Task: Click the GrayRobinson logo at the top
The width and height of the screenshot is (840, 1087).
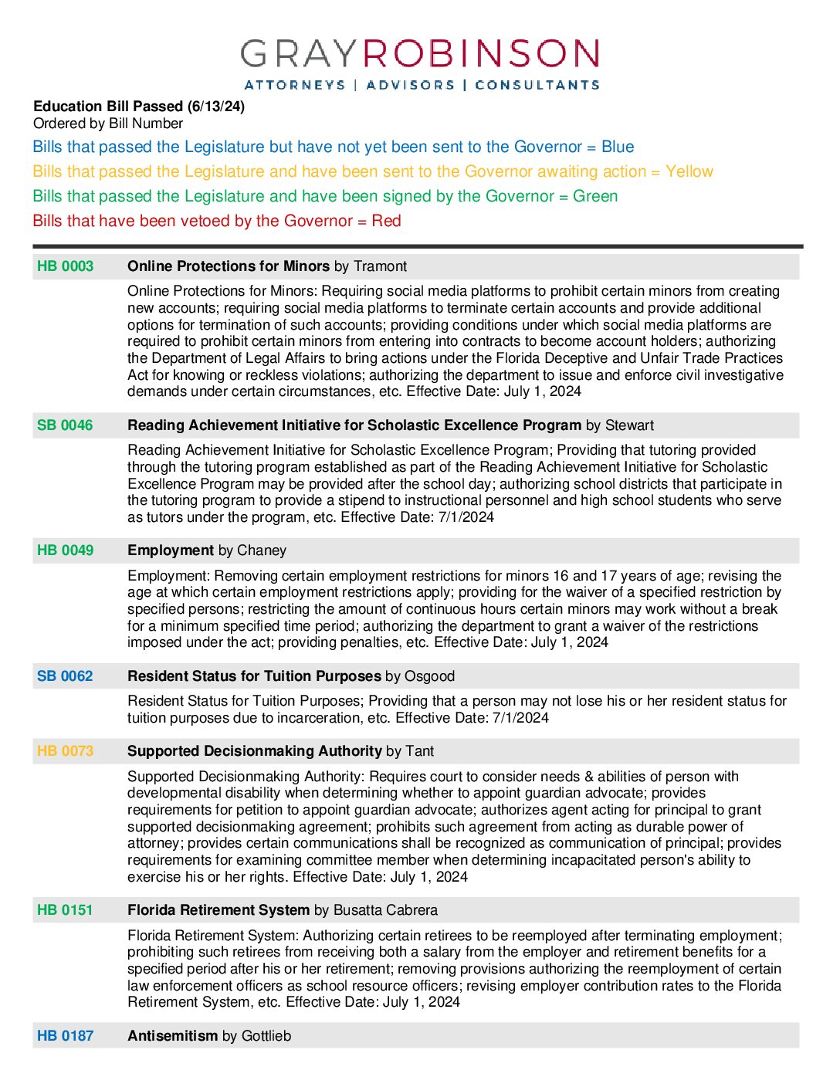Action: [420, 63]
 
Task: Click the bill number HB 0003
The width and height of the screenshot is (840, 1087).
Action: [65, 266]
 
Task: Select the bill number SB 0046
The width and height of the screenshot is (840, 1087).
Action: [65, 425]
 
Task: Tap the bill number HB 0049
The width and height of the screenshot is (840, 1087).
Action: [65, 550]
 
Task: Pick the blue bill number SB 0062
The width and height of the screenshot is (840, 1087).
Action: [65, 676]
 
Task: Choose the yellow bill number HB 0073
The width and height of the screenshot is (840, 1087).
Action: [65, 751]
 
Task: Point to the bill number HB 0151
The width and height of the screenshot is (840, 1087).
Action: [65, 910]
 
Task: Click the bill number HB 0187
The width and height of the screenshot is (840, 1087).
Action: [65, 1036]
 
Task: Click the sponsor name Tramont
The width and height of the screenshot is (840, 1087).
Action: [380, 266]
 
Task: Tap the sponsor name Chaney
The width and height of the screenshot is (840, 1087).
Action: [262, 550]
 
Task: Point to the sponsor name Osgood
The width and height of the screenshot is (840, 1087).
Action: [429, 676]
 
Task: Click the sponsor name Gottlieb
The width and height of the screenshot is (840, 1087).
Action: [266, 1036]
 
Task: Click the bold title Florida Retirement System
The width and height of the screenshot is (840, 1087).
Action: [218, 910]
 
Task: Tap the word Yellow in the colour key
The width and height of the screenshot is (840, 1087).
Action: [689, 171]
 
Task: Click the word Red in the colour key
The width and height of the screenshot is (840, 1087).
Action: [386, 221]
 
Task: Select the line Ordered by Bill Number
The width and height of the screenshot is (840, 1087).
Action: [108, 124]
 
